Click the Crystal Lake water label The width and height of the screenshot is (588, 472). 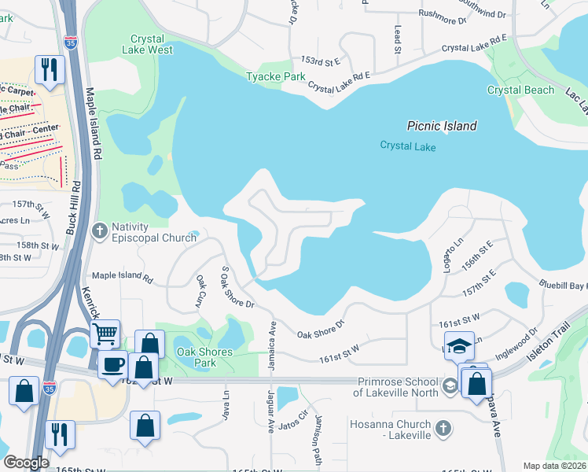pyautogui.click(x=407, y=146)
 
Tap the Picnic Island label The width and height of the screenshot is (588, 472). pyautogui.click(x=442, y=126)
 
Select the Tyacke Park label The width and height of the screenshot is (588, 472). pyautogui.click(x=275, y=77)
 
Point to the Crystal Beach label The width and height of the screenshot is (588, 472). pyautogui.click(x=520, y=90)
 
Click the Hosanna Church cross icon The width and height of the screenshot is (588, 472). pyautogui.click(x=443, y=429)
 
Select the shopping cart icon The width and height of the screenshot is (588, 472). pyautogui.click(x=105, y=334)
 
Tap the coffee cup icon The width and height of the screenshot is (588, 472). pyautogui.click(x=114, y=364)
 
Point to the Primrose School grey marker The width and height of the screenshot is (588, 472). pyautogui.click(x=449, y=385)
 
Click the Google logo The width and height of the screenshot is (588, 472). pyautogui.click(x=26, y=463)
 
